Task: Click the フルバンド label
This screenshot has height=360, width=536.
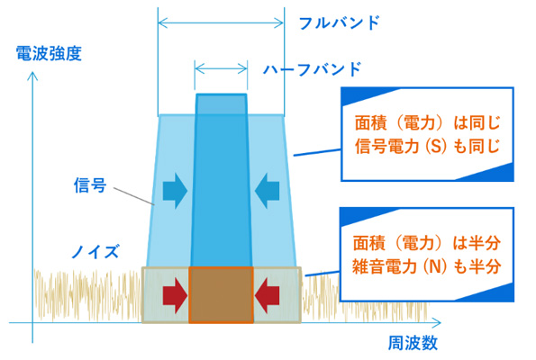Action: pos(339,22)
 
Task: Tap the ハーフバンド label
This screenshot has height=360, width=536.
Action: pos(312,69)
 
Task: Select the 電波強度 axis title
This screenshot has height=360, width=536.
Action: pos(49,53)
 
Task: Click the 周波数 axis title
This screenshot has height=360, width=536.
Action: pos(413,343)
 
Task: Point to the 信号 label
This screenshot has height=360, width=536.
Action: pos(90,185)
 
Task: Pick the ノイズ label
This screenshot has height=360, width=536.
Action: pos(95,252)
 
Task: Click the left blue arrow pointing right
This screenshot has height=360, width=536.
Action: pos(175,191)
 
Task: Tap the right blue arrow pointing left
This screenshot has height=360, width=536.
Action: pos(267,191)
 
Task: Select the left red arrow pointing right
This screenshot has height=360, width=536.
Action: pos(175,295)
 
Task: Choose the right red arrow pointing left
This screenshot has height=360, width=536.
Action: pos(267,295)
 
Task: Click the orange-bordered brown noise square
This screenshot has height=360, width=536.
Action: pos(222,295)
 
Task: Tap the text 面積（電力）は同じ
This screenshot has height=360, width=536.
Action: pos(427,123)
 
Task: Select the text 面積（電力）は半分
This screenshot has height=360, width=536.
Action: pos(427,243)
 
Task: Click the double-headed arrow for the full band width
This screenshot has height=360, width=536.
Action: pos(221,23)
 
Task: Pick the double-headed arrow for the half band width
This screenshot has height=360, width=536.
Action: pos(221,68)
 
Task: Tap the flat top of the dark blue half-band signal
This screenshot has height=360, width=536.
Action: pos(222,94)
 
